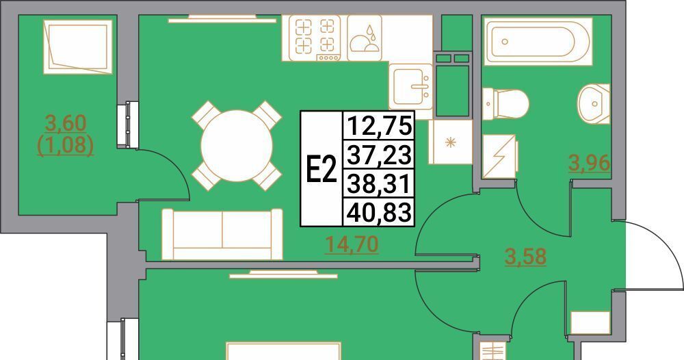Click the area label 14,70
[x=352, y=244]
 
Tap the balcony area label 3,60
[x=66, y=123]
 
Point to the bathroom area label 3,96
[x=588, y=163]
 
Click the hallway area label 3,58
[x=525, y=256]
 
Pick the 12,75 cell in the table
[x=379, y=126]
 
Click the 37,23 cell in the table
[x=379, y=155]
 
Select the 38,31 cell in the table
[x=379, y=183]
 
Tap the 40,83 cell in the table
[x=379, y=212]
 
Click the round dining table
[x=237, y=146]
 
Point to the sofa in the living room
[x=222, y=234]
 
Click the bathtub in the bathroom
[x=538, y=42]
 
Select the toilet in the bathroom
[x=505, y=103]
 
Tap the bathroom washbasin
[x=594, y=103]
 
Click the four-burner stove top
[x=314, y=38]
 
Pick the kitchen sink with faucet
[x=411, y=86]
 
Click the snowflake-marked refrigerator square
[x=451, y=142]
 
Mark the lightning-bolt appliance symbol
[x=500, y=156]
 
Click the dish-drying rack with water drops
[x=365, y=38]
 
